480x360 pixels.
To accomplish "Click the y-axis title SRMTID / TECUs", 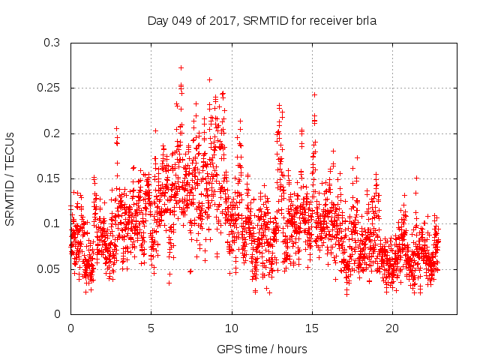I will (x=10, y=178).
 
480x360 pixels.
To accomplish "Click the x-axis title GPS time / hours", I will (x=263, y=349).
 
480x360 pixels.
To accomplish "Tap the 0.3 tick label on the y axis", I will (x=51, y=43).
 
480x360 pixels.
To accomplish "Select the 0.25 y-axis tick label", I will (x=48, y=88).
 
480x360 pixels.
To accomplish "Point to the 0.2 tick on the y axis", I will (x=51, y=133).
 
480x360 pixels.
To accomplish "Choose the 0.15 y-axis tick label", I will (x=48, y=178).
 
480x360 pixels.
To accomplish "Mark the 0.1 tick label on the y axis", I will (x=51, y=223).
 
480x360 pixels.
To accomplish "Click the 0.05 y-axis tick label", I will (x=48, y=268).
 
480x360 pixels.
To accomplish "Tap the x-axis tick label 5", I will (x=151, y=328).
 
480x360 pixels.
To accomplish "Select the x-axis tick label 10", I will (x=232, y=328).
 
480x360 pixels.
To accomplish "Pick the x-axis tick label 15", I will (x=312, y=328).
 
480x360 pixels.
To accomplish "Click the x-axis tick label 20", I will (x=393, y=328).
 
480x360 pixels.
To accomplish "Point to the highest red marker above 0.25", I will (x=181, y=67).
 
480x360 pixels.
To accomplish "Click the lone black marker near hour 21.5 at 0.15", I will (x=416, y=178).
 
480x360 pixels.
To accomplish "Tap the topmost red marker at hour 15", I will (x=314, y=94).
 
